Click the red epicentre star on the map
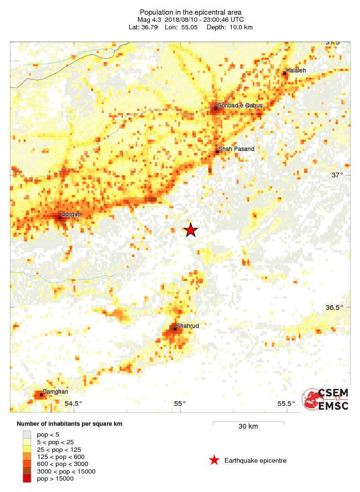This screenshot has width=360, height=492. pos(190,230)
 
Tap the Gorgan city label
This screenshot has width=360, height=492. pos(71,214)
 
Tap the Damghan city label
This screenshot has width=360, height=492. pos(55,392)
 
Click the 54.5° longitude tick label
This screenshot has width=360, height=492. pos(73,404)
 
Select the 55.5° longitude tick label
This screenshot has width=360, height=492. pos(286,404)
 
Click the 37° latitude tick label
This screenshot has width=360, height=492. pos(337,175)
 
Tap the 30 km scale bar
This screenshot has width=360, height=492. pos(248,422)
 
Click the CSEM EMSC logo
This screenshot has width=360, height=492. pos(326,399)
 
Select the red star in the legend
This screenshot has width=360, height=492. pos(214,460)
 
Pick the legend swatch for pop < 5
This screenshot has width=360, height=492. pos(27,434)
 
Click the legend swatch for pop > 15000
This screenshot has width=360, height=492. pos(27,479)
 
